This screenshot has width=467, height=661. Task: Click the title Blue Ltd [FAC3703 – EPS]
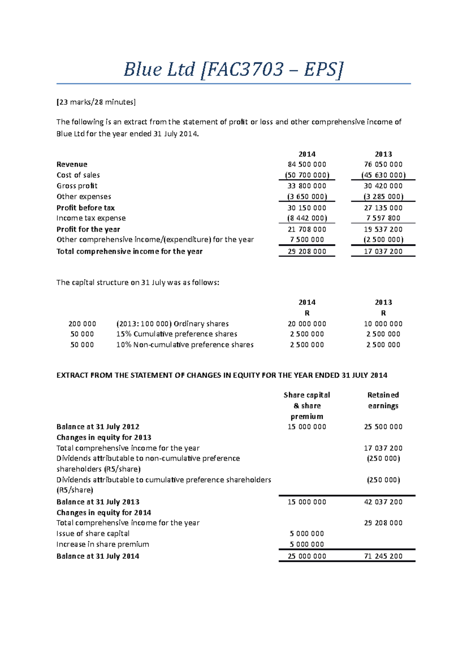tap(233, 70)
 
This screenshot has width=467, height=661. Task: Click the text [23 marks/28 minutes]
tap(96, 102)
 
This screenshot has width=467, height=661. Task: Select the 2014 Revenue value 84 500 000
tap(307, 165)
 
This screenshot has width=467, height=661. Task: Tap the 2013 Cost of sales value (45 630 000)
tap(383, 175)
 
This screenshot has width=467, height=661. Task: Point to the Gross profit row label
tap(77, 186)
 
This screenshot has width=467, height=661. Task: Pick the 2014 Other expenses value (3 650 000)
tap(307, 197)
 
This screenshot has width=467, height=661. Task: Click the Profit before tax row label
tap(86, 208)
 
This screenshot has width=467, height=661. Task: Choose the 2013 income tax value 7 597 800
tap(383, 218)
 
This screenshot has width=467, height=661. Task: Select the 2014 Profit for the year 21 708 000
tap(307, 229)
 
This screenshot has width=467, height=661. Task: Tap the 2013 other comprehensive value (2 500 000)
tap(383, 240)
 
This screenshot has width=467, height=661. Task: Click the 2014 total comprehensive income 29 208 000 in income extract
tap(307, 251)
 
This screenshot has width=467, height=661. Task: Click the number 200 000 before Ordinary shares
tap(82, 324)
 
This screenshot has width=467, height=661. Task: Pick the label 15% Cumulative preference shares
tap(177, 334)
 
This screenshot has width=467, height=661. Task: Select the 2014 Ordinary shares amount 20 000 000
tap(307, 324)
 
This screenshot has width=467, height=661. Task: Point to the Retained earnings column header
tap(383, 400)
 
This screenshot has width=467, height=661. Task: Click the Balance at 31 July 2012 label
tap(98, 427)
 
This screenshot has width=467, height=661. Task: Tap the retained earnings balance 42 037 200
tap(383, 502)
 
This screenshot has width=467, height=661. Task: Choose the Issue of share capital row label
tap(93, 534)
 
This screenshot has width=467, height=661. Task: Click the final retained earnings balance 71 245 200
tap(383, 556)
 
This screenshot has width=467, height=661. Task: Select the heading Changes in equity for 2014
tap(104, 513)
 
